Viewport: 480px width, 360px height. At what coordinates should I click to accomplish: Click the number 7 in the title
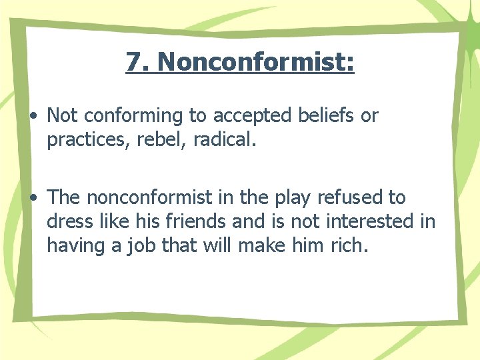click(x=133, y=62)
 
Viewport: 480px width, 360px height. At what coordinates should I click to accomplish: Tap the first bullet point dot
click(x=33, y=116)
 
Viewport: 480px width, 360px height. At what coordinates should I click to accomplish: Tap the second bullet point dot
click(x=33, y=198)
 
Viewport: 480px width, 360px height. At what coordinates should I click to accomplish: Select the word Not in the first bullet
click(x=62, y=115)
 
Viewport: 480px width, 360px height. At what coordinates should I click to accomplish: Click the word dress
click(x=69, y=222)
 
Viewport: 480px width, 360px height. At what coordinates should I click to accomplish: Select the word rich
click(x=349, y=246)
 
